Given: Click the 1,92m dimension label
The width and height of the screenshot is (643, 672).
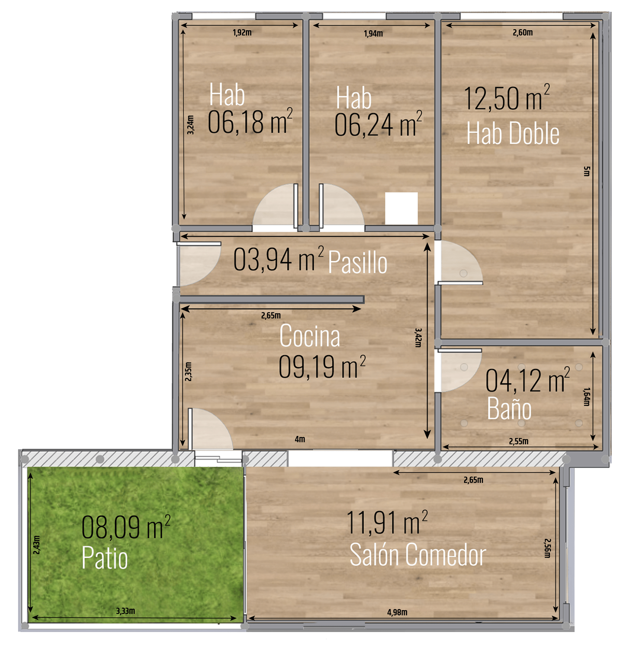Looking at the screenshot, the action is (x=242, y=33).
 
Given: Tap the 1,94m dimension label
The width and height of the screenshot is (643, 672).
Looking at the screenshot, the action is (x=373, y=34).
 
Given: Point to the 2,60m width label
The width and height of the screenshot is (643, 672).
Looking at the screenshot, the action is (x=522, y=33).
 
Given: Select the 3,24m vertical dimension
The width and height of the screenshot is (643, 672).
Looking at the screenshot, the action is (x=190, y=125).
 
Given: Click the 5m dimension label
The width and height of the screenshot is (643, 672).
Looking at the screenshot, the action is (x=586, y=171).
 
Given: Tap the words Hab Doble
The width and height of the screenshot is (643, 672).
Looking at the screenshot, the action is (x=513, y=133).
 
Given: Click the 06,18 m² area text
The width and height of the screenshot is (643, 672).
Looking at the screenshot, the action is (x=250, y=121).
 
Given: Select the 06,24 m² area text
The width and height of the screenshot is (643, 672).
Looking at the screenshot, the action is (x=378, y=124).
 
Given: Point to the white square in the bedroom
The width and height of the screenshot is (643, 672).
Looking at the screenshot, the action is (x=401, y=208).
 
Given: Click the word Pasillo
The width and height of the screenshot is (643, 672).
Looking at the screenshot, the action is (x=358, y=262).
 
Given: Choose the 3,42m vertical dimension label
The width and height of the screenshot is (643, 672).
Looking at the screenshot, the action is (x=418, y=338).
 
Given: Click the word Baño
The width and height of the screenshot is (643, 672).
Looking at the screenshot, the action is (x=509, y=408).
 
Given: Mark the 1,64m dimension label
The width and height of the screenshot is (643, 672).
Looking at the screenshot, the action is (x=586, y=397).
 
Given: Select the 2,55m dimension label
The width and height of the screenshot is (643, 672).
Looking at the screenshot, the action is (x=519, y=441).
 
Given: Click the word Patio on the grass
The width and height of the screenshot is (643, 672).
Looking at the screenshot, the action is (x=105, y=557).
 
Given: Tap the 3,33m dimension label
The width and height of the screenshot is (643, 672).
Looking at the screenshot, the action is (x=125, y=611).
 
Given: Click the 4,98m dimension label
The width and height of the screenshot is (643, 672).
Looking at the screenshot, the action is (x=397, y=612).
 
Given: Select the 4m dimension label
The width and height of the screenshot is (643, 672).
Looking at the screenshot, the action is (x=300, y=439).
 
